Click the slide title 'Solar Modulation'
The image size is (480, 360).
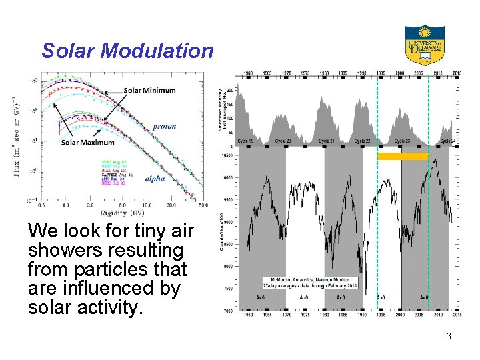(127, 51)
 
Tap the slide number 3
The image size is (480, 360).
(449, 336)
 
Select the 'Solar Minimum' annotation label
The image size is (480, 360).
(149, 91)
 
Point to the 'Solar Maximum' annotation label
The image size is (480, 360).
(88, 142)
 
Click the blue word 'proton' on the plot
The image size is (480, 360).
(164, 126)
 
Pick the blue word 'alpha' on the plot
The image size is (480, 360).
(155, 179)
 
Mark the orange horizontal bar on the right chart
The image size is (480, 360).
(402, 156)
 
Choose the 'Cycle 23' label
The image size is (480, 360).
(401, 141)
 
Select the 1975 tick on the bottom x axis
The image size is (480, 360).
(305, 315)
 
